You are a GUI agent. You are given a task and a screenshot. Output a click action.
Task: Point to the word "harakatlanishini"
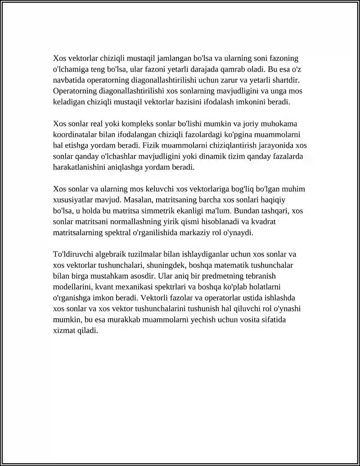tap(79, 167)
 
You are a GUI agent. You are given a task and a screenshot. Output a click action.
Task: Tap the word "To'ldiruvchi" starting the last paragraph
tap(73, 254)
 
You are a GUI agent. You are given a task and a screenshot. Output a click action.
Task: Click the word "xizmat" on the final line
tap(64, 330)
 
